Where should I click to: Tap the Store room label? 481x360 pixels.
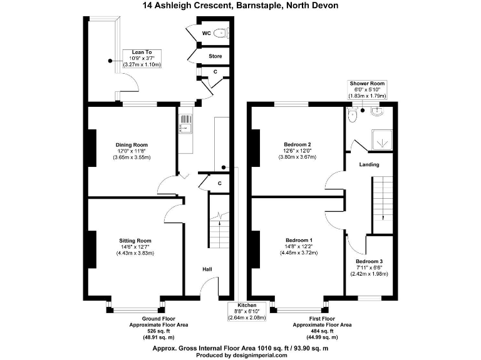pos(215,56)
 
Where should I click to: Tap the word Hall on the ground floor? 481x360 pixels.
pos(207,269)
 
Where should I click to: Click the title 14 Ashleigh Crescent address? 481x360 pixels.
pos(240,6)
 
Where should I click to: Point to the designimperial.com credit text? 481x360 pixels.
pos(240,355)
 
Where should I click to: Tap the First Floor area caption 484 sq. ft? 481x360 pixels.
pos(323,331)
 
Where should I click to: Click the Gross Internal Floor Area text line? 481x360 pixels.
pos(240,348)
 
